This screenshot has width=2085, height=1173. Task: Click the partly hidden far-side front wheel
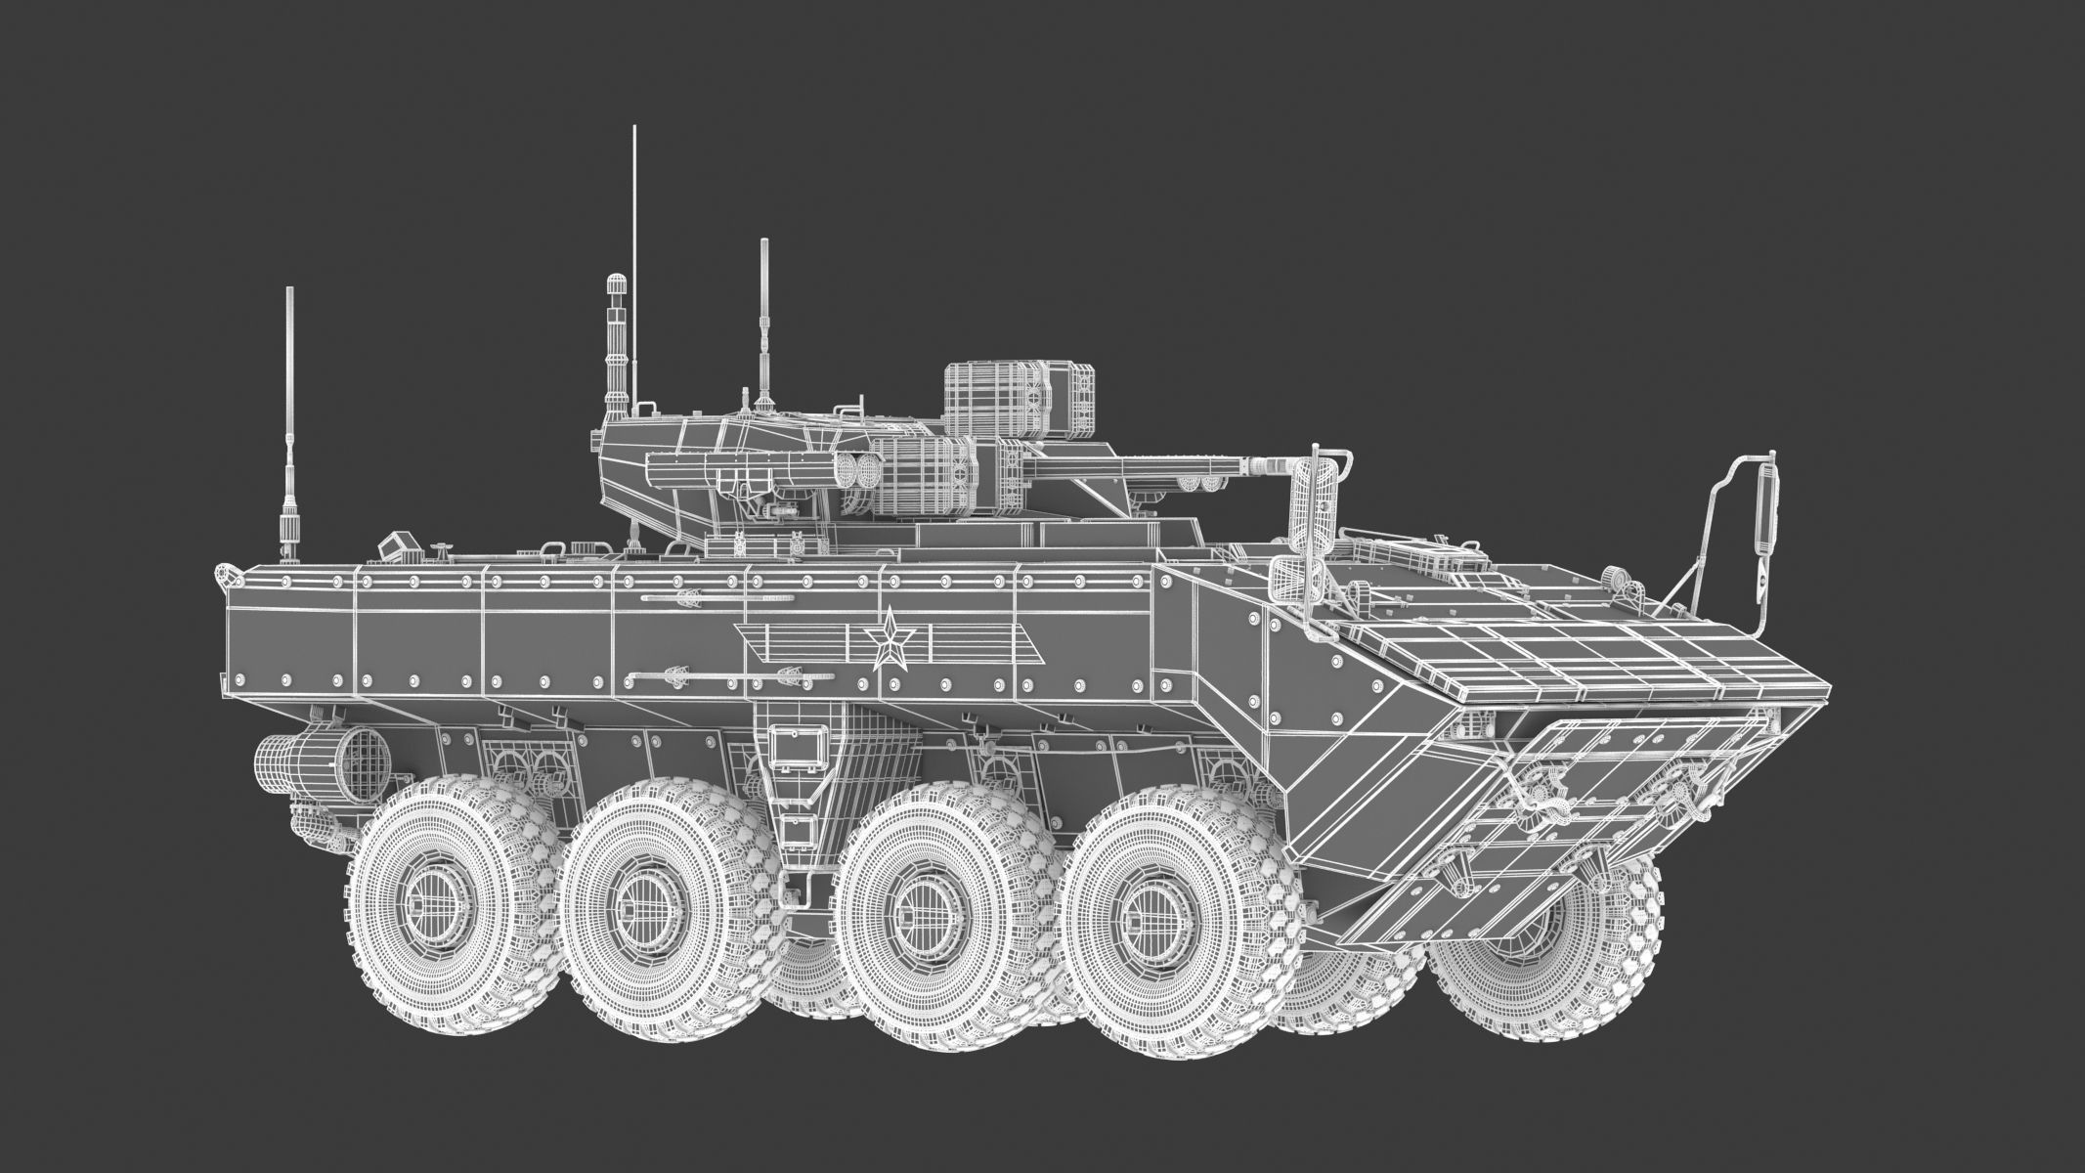click(x=1525, y=938)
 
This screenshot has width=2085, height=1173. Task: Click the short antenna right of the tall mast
click(x=763, y=323)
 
